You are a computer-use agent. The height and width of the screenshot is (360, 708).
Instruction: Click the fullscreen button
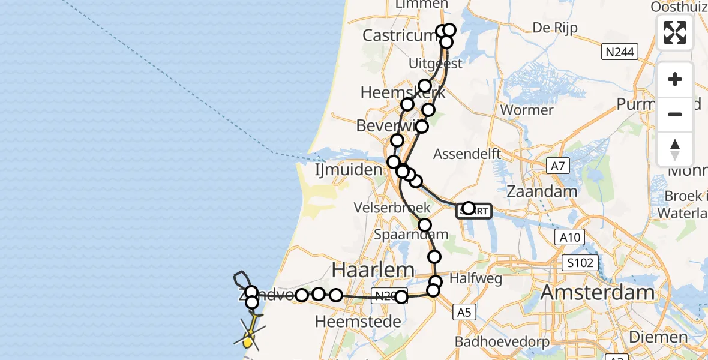[x=675, y=32]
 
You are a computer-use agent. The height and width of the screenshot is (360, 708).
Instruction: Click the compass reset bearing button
[x=675, y=149]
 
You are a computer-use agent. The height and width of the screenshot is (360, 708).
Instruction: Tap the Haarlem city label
[x=373, y=269]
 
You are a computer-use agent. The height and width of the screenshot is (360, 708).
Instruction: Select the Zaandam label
[x=542, y=191]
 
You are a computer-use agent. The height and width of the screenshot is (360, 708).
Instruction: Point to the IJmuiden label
[x=349, y=170]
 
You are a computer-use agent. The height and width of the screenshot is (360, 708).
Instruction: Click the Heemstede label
[x=358, y=322]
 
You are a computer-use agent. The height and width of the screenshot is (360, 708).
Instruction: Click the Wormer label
[x=526, y=110]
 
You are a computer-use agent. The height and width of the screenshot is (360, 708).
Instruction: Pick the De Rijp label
[x=550, y=29]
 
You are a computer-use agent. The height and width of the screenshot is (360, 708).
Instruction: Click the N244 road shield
[x=619, y=52]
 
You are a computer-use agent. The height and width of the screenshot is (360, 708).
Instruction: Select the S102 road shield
[x=581, y=262]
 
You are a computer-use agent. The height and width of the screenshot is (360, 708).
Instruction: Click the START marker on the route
[x=475, y=210]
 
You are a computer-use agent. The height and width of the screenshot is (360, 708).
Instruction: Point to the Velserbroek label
[x=401, y=208]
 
